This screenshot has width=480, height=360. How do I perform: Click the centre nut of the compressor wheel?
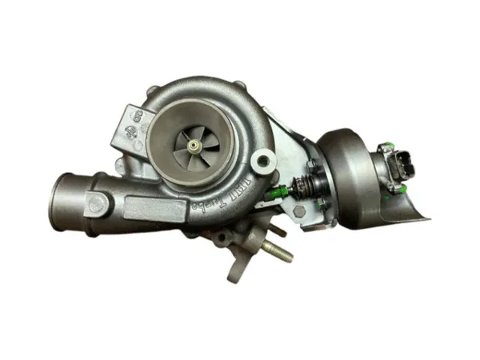(x=195, y=144)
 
